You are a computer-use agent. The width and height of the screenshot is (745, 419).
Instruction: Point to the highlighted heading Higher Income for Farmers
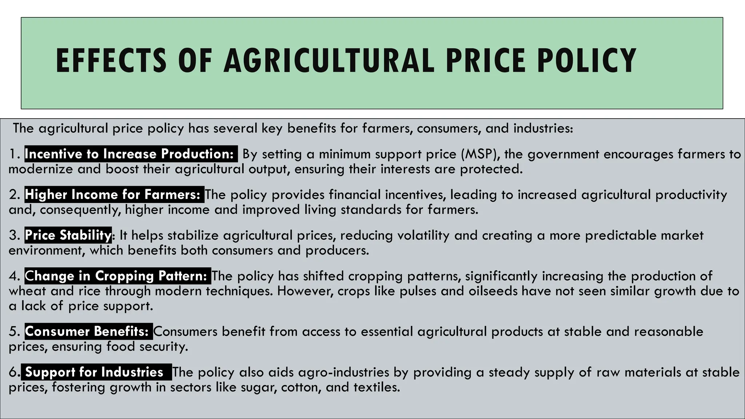114,195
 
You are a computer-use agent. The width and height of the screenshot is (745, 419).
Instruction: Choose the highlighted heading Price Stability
68,235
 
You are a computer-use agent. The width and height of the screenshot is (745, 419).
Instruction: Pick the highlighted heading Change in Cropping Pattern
117,276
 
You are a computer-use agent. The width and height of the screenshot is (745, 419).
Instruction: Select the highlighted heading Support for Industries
95,372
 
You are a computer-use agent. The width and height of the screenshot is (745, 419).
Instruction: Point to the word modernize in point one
41,169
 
